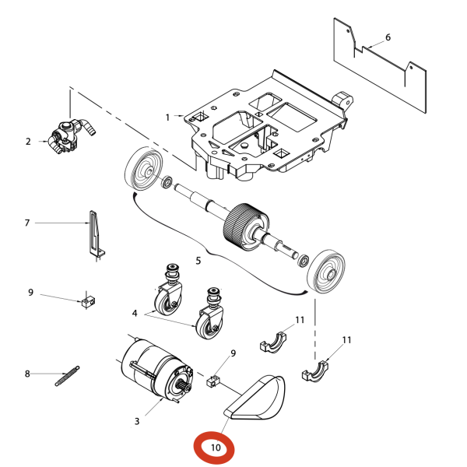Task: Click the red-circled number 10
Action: (x=216, y=448)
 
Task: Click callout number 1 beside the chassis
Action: (x=167, y=117)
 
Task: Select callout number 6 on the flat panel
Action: (x=388, y=37)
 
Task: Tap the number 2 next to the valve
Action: (x=28, y=142)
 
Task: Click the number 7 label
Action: (x=27, y=223)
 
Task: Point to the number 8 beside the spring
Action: (x=27, y=374)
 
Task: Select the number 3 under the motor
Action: (x=137, y=421)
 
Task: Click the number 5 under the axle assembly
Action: (x=198, y=260)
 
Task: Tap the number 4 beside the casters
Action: (x=135, y=314)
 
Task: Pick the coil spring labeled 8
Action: (x=67, y=376)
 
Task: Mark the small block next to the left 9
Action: (x=89, y=301)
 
